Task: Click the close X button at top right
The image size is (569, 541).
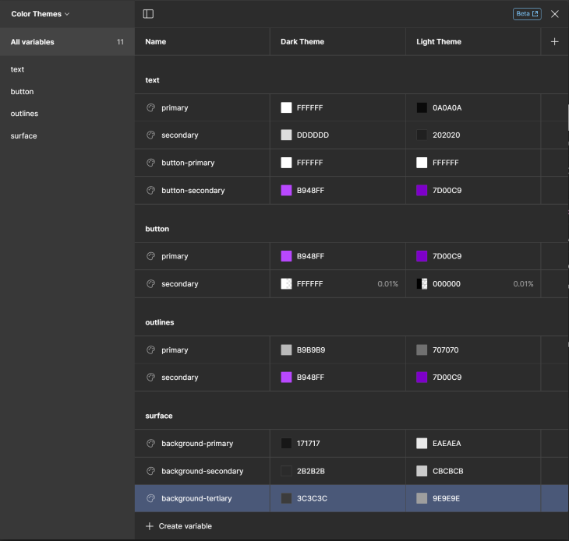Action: (554, 14)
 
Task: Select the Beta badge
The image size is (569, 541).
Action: (526, 14)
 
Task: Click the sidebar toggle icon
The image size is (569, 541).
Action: (148, 14)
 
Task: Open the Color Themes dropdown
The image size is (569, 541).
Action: (41, 14)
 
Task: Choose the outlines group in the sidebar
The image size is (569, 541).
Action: (24, 114)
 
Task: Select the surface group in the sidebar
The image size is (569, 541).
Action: (23, 136)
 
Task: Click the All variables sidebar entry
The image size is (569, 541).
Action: (33, 42)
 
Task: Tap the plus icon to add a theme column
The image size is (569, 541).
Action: (554, 42)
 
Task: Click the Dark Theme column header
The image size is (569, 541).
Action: (302, 42)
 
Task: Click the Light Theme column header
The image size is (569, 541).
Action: (439, 42)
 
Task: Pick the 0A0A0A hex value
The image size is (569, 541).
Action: (447, 108)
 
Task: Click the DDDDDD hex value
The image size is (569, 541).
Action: (313, 135)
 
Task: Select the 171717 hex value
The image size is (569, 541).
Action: (309, 444)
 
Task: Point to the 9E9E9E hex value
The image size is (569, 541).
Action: (447, 498)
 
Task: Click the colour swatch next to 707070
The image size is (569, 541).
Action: (422, 350)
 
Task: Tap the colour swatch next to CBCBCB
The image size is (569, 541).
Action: (422, 471)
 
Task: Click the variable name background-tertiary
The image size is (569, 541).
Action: (196, 498)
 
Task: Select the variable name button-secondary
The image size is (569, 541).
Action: (193, 191)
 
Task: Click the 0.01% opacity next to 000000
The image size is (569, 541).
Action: (523, 284)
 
